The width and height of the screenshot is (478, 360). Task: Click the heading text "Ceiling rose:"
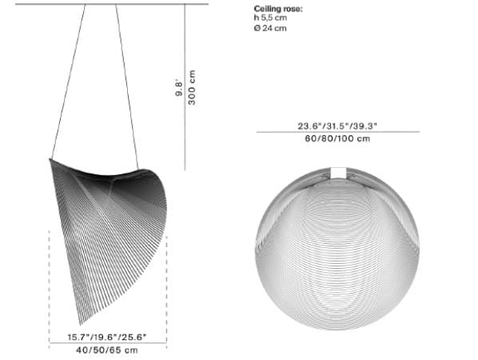[x=277, y=9]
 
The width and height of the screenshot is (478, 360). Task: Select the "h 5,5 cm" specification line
[x=270, y=18]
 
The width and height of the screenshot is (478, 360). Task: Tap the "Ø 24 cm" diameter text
[x=270, y=28]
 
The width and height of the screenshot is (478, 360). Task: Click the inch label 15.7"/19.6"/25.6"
[x=107, y=336]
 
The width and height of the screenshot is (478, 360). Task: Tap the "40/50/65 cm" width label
[x=107, y=350]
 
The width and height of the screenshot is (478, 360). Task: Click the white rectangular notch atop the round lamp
[x=338, y=172]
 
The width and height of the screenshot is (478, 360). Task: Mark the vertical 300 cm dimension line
[x=185, y=87]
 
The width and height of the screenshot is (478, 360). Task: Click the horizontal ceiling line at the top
[x=104, y=4]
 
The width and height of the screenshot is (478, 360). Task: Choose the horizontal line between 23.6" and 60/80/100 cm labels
[x=337, y=132]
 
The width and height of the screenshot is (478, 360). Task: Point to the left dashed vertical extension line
[x=49, y=280]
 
